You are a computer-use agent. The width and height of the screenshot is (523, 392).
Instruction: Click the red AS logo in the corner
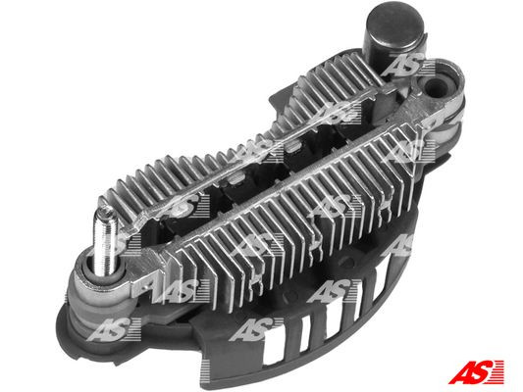(477, 371)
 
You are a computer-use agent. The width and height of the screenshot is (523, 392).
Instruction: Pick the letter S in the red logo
(487, 371)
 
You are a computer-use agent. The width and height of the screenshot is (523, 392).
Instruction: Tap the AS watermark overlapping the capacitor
(401, 66)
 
